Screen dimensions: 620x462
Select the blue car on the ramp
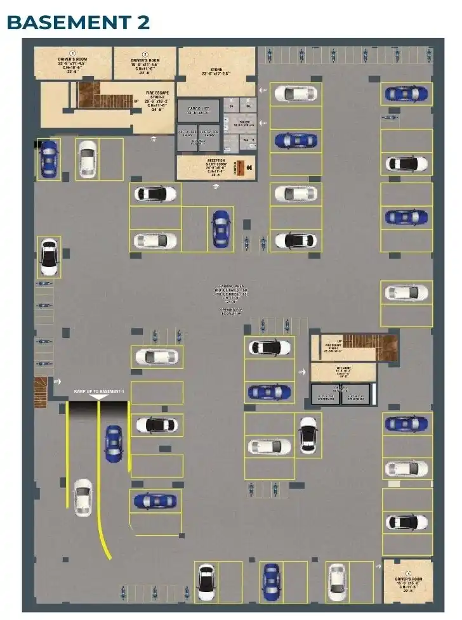(113, 443)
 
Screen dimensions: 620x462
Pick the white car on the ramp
(82, 496)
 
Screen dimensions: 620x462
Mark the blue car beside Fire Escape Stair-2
(48, 158)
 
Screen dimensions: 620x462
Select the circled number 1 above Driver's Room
(72, 54)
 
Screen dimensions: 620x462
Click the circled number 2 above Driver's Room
(145, 54)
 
